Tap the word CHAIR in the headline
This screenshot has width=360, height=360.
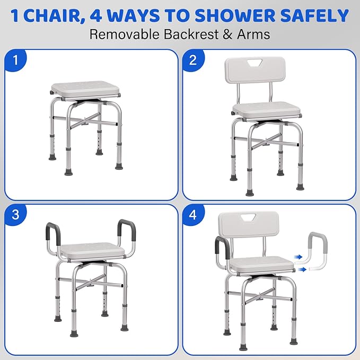click(x=52, y=15)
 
